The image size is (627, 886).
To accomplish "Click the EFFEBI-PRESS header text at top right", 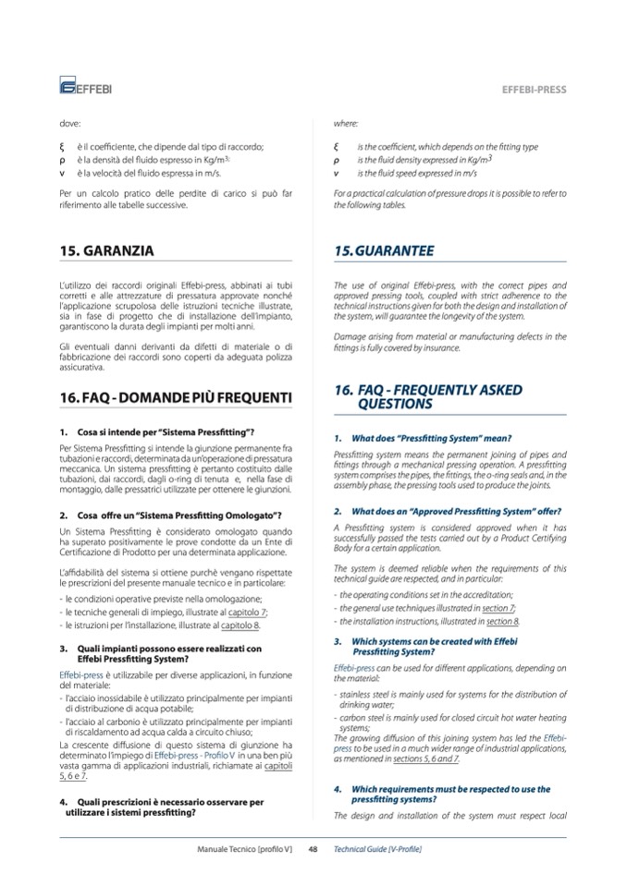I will click(534, 91).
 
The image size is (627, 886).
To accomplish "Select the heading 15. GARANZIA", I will click(106, 250).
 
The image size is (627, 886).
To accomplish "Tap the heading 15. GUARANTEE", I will click(384, 250).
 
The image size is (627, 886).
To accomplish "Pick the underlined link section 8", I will click(504, 621).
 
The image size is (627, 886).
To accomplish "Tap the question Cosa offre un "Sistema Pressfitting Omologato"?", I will click(179, 515).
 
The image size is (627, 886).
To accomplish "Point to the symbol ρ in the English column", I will click(337, 160).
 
